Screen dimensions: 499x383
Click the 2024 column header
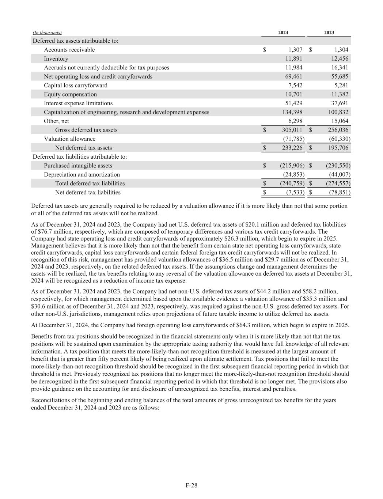tap(283, 33)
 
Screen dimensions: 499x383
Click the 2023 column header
tap(329, 33)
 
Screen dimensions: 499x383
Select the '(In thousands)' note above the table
tap(47, 33)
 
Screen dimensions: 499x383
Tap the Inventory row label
tap(56, 58)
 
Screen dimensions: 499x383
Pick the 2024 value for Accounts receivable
tap(293, 50)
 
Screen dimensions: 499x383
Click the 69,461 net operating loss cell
tap(293, 76)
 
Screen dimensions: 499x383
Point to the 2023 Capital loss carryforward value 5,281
tap(341, 85)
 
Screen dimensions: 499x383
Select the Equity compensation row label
tap(70, 94)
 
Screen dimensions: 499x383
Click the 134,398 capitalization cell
tap(292, 112)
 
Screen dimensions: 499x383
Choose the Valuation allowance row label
tap(69, 139)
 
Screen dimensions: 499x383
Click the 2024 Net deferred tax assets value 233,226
tap(292, 148)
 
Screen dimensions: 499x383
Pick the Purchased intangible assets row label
tap(78, 166)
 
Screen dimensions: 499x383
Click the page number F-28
tap(191, 485)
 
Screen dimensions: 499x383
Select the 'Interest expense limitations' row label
tap(78, 103)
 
